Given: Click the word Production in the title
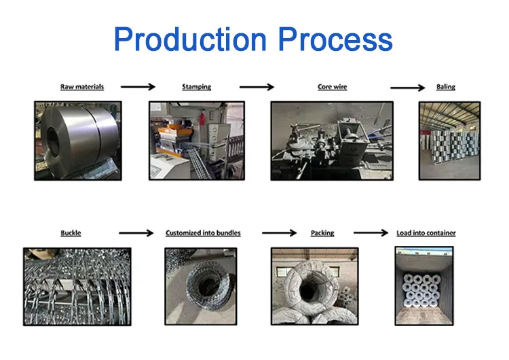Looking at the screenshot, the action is tap(190, 39).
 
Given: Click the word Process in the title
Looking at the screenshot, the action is tap(335, 39).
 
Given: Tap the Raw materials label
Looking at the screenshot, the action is tap(82, 87).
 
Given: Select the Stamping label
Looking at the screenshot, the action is tap(196, 87).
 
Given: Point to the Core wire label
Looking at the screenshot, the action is tap(333, 87).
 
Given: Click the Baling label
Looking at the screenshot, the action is tap(446, 87).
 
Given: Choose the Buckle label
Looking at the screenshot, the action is tap(71, 233).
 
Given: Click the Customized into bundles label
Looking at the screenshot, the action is tap(203, 233).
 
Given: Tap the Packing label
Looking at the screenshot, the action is tap(322, 233).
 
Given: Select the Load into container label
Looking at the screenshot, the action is tap(426, 233).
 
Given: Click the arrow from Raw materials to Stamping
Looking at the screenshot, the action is tap(138, 87).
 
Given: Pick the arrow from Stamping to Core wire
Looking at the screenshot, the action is tap(257, 87).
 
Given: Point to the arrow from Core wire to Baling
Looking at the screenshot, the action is tap(407, 88).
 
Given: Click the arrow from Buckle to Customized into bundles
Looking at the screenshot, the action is tap(136, 233).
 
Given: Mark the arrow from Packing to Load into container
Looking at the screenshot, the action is tap(371, 232).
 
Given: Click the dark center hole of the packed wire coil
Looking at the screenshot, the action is tap(307, 288).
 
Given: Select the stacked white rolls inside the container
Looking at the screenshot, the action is tap(421, 291).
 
